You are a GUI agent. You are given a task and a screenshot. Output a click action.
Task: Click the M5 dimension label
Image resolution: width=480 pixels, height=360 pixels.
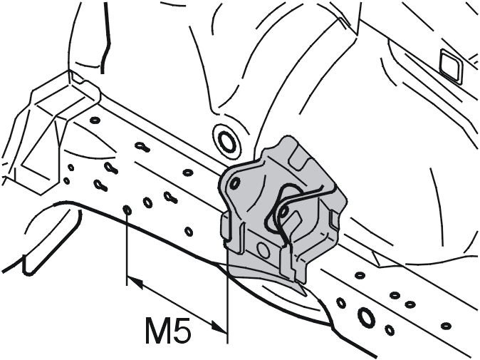[169, 331]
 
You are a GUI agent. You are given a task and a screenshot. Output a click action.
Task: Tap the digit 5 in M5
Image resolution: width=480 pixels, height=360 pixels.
[183, 331]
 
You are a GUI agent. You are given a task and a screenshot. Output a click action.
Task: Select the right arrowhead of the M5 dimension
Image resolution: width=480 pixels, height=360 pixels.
[219, 326]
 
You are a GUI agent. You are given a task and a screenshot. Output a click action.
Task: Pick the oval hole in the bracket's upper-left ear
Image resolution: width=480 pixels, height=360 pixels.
[234, 183]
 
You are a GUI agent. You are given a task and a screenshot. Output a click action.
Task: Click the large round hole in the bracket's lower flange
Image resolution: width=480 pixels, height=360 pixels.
[264, 249]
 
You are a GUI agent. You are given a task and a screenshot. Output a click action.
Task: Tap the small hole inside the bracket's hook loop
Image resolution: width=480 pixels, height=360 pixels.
[284, 212]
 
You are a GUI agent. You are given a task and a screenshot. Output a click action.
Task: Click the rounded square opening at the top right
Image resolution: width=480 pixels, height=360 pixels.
[452, 66]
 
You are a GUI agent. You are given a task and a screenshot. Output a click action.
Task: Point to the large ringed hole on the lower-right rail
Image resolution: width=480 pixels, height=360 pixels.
[365, 317]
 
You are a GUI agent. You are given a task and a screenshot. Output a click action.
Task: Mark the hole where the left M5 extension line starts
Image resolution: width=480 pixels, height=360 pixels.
[127, 210]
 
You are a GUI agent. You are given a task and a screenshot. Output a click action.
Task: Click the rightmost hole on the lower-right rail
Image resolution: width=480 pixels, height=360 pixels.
[446, 325]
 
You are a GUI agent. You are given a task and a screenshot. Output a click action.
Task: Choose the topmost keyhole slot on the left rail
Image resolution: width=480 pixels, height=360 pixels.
[142, 146]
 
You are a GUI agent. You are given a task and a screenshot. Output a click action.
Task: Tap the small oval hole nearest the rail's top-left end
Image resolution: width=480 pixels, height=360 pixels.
[95, 120]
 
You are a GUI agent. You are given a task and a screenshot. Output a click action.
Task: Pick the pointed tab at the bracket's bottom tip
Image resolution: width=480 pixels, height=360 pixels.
[301, 289]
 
